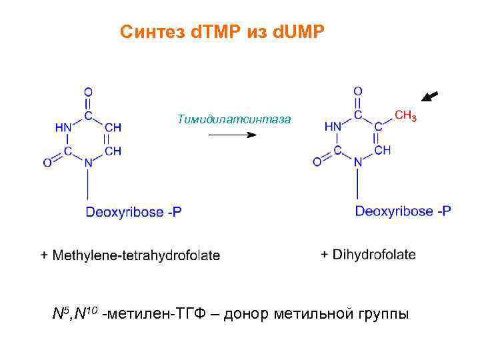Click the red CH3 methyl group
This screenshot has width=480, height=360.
pyautogui.click(x=406, y=116)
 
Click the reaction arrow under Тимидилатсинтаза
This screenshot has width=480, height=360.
pyautogui.click(x=232, y=135)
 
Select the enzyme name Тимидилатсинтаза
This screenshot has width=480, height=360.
pyautogui.click(x=234, y=119)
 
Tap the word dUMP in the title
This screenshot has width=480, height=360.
pyautogui.click(x=299, y=31)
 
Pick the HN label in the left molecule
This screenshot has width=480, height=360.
pyautogui.click(x=63, y=127)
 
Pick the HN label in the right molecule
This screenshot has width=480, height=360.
pyautogui.click(x=333, y=127)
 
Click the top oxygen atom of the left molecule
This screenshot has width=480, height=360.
pyautogui.click(x=88, y=91)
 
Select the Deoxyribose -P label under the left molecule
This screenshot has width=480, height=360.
pyautogui.click(x=133, y=213)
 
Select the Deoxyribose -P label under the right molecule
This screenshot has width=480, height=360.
pyautogui.click(x=403, y=211)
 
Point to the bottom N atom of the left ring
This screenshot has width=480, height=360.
pyautogui.click(x=88, y=162)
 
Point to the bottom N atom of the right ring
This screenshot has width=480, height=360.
pyautogui.click(x=358, y=161)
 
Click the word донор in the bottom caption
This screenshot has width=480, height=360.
pyautogui.click(x=253, y=314)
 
